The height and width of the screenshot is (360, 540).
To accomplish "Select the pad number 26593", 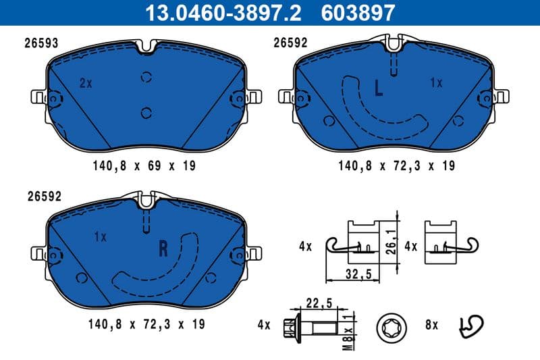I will [x=42, y=43].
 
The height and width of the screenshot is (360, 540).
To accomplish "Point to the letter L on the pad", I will [x=379, y=87].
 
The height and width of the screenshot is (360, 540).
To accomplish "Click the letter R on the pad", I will [x=162, y=249].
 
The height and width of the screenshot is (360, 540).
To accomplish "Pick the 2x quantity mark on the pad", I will [x=85, y=84].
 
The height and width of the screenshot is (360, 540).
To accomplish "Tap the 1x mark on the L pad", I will [x=435, y=82].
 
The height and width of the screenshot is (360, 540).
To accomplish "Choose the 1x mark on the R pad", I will [x=101, y=237].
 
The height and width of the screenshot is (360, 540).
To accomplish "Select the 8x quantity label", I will [x=431, y=325].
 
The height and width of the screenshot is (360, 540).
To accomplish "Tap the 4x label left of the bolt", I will [x=263, y=326].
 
